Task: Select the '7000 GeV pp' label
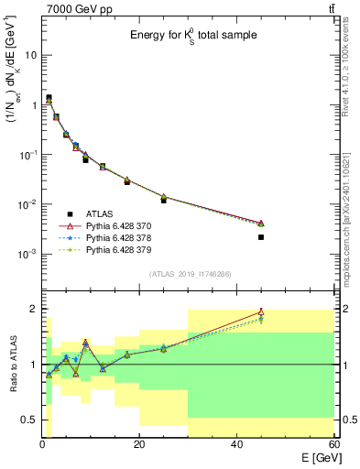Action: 72,8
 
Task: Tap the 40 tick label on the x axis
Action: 237,443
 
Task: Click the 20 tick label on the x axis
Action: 140,443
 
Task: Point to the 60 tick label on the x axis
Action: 333,443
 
